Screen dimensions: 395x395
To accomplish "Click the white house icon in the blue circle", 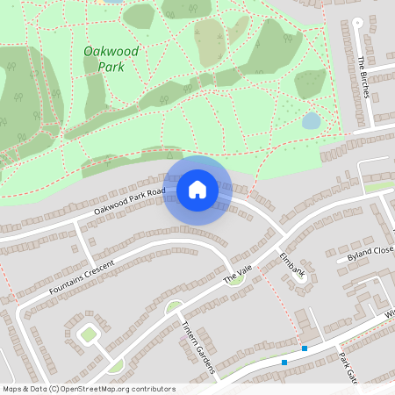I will [197, 189].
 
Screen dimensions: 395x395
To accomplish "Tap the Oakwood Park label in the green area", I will [110, 58].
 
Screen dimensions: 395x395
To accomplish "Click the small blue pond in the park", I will [311, 120].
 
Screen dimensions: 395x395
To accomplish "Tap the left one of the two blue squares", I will [284, 362].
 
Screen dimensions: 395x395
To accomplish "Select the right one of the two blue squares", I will [304, 348].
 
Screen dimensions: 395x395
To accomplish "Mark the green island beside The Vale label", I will [234, 280].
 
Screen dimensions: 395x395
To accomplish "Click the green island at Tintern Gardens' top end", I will [175, 306].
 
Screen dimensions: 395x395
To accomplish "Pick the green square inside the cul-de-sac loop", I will [88, 334].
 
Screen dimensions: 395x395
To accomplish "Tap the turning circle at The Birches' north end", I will [356, 23].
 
